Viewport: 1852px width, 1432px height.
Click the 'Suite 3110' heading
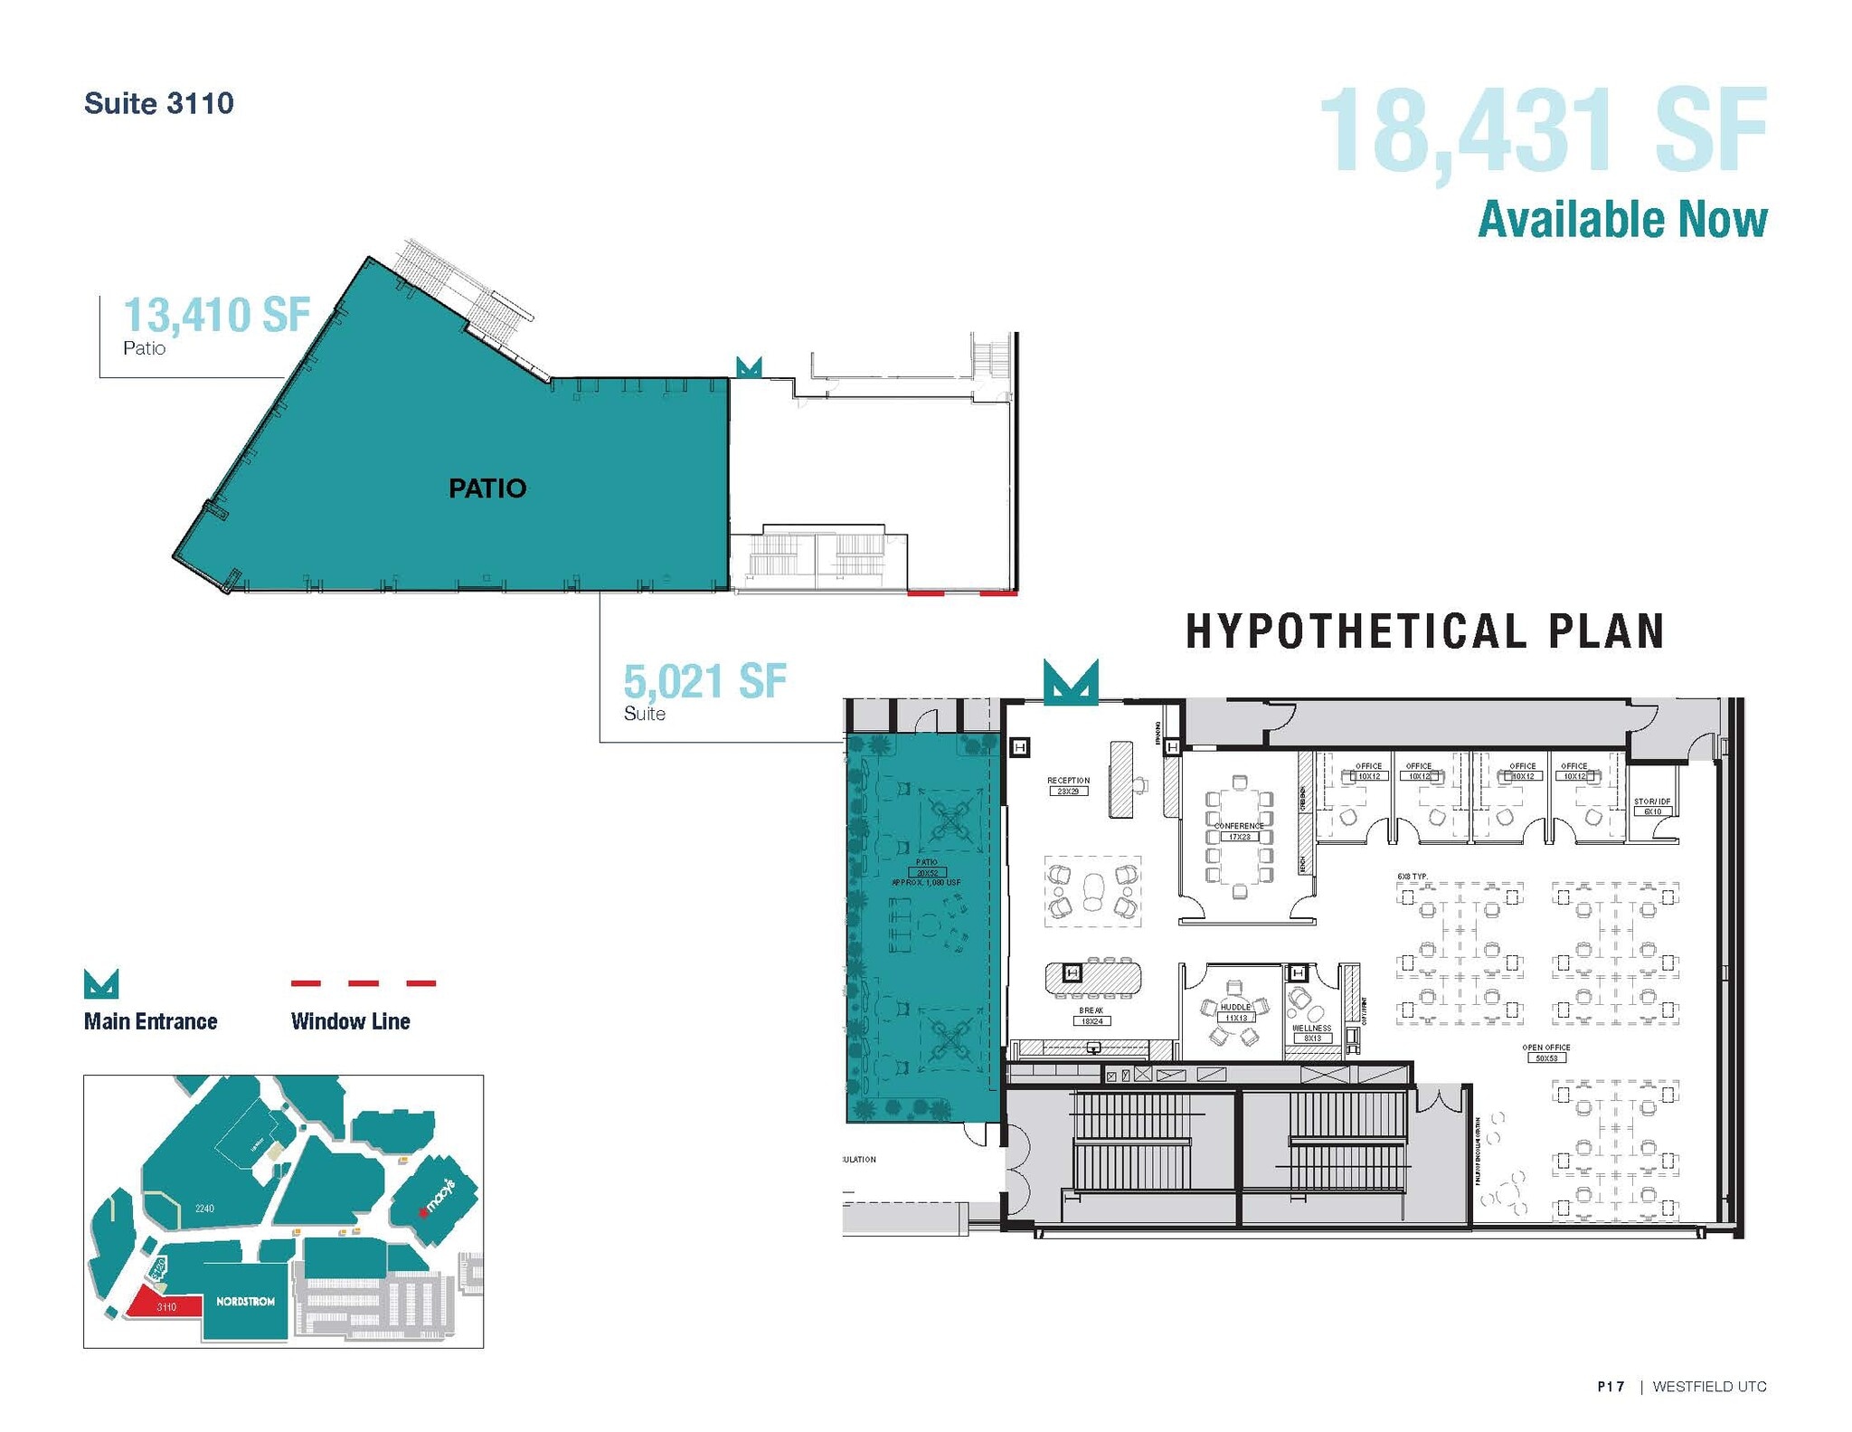coord(159,103)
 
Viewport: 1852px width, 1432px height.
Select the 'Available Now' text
coord(1622,220)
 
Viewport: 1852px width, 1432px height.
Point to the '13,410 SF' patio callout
coord(216,315)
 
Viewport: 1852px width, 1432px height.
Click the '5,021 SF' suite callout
coord(704,681)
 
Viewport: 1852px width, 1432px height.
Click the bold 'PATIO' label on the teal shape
coord(487,488)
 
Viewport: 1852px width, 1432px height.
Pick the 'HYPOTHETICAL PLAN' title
coord(1424,631)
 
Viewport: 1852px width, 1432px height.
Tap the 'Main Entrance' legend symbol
coord(100,984)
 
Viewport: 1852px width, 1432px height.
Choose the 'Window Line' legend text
coord(351,1021)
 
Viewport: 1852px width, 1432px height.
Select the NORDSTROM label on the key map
coord(245,1302)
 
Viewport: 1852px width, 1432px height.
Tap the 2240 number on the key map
coord(204,1209)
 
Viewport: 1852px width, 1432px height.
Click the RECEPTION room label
coord(1068,781)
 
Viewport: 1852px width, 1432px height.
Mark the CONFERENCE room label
coord(1239,826)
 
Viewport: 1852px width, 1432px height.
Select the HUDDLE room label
coord(1235,1007)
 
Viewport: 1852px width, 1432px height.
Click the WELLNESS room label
coord(1311,1029)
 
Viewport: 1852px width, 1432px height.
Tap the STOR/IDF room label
coord(1652,801)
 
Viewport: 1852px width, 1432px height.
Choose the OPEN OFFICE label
coord(1545,1048)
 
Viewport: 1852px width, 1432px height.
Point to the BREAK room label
coord(1091,1010)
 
